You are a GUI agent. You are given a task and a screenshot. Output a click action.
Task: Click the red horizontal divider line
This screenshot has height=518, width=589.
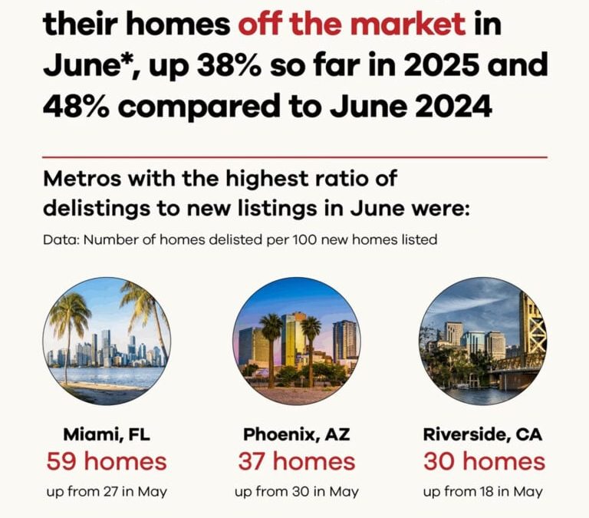tap(295, 157)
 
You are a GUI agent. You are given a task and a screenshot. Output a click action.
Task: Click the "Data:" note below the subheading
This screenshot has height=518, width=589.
tap(61, 240)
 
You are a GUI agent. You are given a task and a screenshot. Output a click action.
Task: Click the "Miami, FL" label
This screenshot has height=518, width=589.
tap(106, 434)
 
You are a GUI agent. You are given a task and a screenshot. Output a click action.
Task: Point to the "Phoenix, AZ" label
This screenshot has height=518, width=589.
tap(296, 434)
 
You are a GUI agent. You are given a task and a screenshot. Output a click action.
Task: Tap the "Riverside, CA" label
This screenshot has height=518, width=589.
tap(482, 434)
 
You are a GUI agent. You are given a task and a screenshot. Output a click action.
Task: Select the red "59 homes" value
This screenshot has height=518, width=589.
tap(106, 461)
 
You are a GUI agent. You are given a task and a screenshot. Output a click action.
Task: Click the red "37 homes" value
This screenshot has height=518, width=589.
tap(296, 461)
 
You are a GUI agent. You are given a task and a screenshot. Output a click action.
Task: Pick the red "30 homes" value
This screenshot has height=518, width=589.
tap(484, 461)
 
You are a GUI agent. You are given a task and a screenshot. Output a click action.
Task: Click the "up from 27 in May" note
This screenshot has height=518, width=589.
tap(106, 491)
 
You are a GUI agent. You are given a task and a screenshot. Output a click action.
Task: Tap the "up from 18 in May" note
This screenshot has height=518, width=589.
tap(483, 491)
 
